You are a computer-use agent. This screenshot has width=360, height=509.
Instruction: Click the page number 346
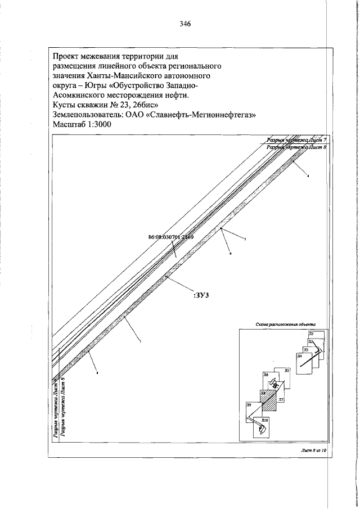coord(186,24)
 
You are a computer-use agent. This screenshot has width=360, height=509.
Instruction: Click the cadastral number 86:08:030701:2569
coord(167,237)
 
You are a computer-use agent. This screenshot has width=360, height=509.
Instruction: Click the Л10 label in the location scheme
coord(265,420)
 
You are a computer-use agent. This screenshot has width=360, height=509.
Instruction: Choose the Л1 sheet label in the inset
coord(311,335)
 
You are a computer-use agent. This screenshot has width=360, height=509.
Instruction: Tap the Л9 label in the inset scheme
coord(249,405)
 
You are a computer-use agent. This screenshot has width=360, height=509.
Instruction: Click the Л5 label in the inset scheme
coord(286,371)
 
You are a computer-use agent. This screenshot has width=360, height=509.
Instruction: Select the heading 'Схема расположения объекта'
coord(285,325)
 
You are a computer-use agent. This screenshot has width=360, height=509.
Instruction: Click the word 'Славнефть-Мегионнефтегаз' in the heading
coord(208,115)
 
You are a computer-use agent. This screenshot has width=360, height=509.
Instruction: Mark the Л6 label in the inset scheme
coord(265,375)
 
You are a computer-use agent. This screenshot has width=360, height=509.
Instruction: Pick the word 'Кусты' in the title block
coord(64,105)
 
